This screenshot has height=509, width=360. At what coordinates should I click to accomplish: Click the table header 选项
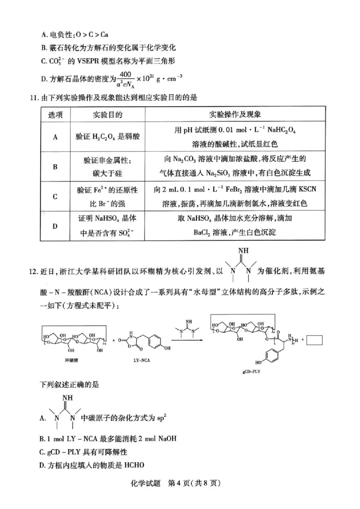(55, 114)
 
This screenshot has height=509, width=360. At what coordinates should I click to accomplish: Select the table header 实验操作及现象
(238, 114)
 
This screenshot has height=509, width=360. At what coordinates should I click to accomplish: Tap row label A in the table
(55, 137)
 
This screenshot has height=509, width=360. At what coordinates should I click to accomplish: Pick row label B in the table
(55, 167)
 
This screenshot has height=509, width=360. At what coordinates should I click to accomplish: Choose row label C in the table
(55, 196)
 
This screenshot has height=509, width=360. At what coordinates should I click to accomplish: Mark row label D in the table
(55, 226)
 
